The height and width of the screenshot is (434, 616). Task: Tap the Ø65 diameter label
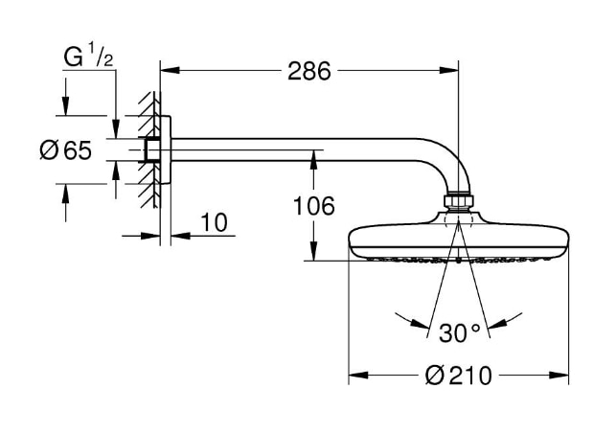(x=66, y=151)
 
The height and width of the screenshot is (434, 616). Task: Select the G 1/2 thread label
(x=89, y=57)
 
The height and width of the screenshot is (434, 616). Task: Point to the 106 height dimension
(x=313, y=205)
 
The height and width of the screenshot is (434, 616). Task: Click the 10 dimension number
(x=215, y=223)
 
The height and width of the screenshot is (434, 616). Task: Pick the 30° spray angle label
(x=459, y=332)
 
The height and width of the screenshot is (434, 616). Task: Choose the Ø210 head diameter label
(x=458, y=375)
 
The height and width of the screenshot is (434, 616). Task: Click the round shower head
(x=458, y=241)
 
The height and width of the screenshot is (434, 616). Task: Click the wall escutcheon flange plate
(x=165, y=151)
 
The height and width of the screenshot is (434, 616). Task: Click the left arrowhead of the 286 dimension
(x=166, y=69)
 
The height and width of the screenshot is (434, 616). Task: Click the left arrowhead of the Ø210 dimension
(x=354, y=374)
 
